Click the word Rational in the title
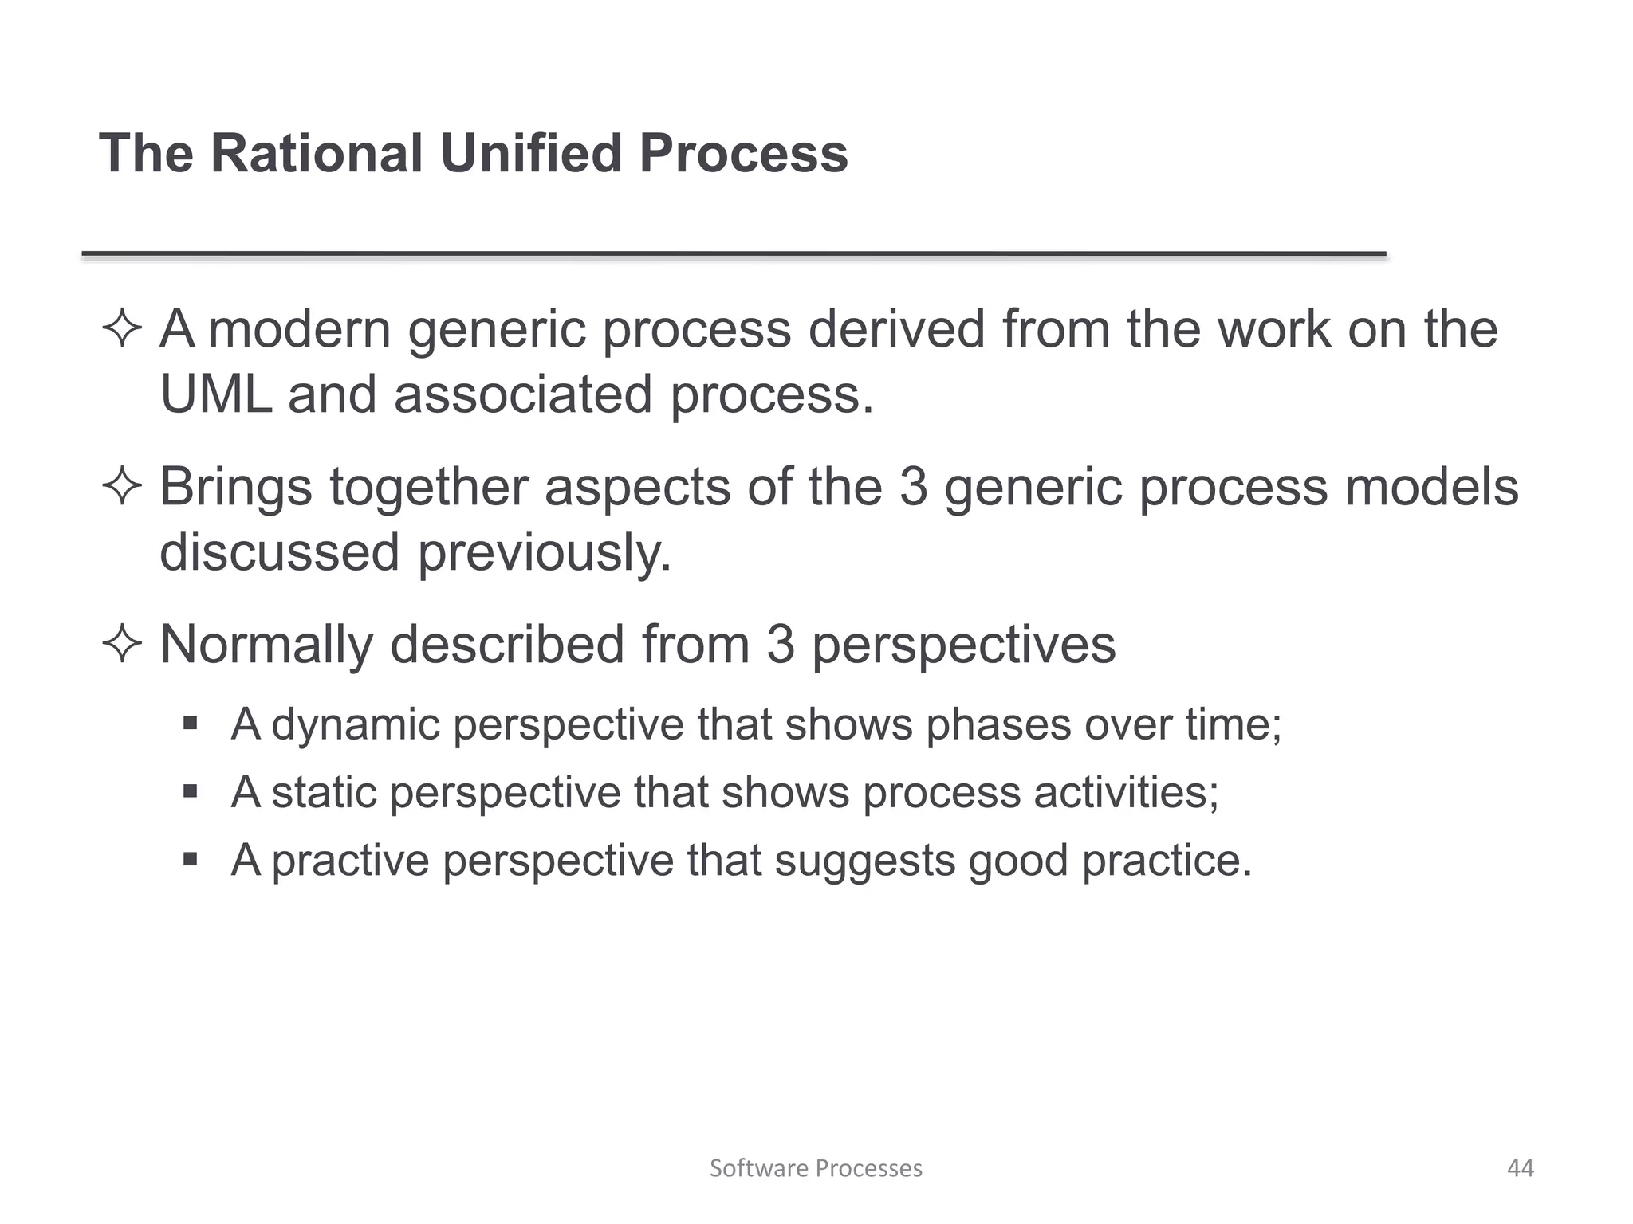coord(316,153)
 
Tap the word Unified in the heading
coord(530,153)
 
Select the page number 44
coord(1520,1168)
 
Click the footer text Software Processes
coord(816,1168)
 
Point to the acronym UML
coord(215,394)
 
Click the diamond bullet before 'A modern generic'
coord(122,330)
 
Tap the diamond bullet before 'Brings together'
coord(122,487)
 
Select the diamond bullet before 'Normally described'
coord(122,645)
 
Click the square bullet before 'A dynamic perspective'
coord(190,724)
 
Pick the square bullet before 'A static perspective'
coord(190,792)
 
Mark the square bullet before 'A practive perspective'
coord(190,860)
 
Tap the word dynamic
coord(356,726)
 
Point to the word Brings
coord(236,488)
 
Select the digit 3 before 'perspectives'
coord(781,645)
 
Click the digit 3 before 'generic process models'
coord(914,487)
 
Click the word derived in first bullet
coord(897,330)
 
